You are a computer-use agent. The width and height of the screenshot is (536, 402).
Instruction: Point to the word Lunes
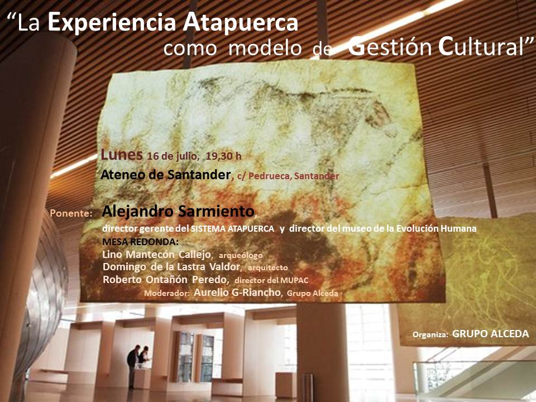pyautogui.click(x=122, y=155)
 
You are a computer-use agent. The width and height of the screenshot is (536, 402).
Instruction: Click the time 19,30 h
pyautogui.click(x=223, y=156)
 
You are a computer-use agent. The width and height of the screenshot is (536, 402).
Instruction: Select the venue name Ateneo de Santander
pyautogui.click(x=165, y=175)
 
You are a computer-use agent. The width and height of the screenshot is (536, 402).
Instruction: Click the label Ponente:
pyautogui.click(x=71, y=214)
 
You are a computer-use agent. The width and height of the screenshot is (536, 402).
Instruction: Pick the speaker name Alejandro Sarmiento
pyautogui.click(x=178, y=212)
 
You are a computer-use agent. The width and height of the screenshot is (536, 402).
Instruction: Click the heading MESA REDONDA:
pyautogui.click(x=141, y=242)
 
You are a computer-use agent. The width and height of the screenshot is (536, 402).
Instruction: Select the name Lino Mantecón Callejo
pyautogui.click(x=156, y=255)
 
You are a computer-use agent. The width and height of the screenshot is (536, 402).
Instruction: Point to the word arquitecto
pyautogui.click(x=268, y=267)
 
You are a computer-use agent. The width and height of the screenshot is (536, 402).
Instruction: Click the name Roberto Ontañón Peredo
pyautogui.click(x=165, y=280)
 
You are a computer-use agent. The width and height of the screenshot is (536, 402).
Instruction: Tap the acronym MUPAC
pyautogui.click(x=294, y=281)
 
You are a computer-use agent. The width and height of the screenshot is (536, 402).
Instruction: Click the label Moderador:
pyautogui.click(x=167, y=293)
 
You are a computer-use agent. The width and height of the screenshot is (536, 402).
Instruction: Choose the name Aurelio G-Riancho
pyautogui.click(x=237, y=293)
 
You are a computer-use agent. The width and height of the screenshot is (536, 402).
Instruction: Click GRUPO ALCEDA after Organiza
pyautogui.click(x=491, y=334)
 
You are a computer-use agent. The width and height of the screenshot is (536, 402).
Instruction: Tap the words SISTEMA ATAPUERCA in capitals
pyautogui.click(x=232, y=229)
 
